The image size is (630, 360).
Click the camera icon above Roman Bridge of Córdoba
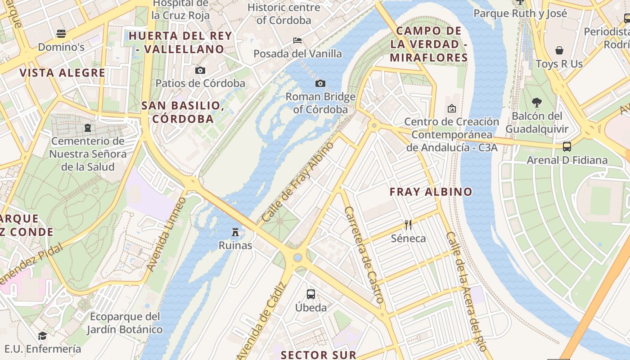pyautogui.click(x=320, y=83)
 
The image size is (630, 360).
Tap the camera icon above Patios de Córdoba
pyautogui.click(x=200, y=70)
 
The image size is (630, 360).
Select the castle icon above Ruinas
pyautogui.click(x=235, y=232)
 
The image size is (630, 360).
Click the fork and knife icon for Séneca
pyautogui.click(x=408, y=225)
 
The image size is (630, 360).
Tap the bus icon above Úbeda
pyautogui.click(x=310, y=294)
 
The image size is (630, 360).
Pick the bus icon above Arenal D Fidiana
pyautogui.click(x=567, y=147)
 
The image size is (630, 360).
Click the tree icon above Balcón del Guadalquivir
pyautogui.click(x=536, y=103)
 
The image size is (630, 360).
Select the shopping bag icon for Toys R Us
pyautogui.click(x=559, y=50)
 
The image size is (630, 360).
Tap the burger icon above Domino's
pyautogui.click(x=61, y=34)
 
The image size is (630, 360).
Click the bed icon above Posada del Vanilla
pyautogui.click(x=297, y=40)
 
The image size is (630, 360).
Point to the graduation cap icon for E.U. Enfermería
pyautogui.click(x=42, y=336)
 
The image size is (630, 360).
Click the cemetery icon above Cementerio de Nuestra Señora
pyautogui.click(x=87, y=128)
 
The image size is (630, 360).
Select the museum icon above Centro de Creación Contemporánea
pyautogui.click(x=452, y=108)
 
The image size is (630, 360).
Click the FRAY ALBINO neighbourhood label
pyautogui.click(x=431, y=192)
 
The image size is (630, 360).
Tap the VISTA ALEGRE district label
pyautogui.click(x=62, y=73)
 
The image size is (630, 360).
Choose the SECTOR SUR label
pyautogui.click(x=318, y=355)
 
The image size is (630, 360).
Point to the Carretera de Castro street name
pyautogui.click(x=364, y=254)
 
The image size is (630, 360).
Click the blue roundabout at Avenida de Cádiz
pyautogui.click(x=297, y=257)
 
